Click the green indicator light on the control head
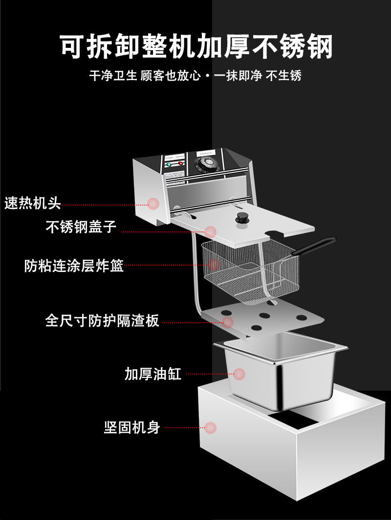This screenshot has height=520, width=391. [169, 165]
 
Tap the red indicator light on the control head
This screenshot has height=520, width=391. [180, 164]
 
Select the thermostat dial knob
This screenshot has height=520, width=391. [206, 163]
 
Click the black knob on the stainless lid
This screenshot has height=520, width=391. [241, 218]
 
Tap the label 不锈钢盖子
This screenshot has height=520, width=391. [81, 227]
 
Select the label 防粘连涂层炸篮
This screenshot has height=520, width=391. [74, 266]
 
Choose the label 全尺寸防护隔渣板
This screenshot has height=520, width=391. [102, 321]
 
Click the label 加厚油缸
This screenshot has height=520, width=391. [153, 374]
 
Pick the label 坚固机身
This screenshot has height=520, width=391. [132, 428]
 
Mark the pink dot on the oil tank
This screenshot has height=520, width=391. [239, 374]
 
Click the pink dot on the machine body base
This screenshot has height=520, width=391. [210, 428]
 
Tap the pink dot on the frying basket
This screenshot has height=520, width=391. [214, 265]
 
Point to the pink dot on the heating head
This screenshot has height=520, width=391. [153, 204]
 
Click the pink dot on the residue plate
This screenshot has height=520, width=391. [228, 322]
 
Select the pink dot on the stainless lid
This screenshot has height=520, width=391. [211, 231]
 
